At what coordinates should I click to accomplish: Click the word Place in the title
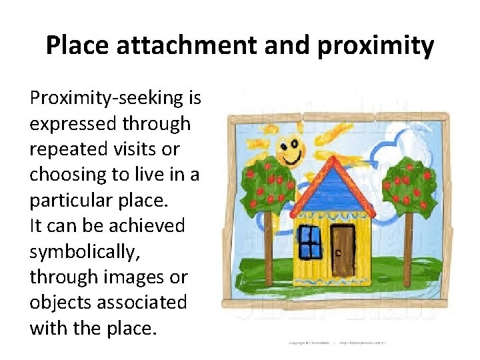click(x=75, y=46)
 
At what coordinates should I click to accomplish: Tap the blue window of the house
click(x=309, y=241)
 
